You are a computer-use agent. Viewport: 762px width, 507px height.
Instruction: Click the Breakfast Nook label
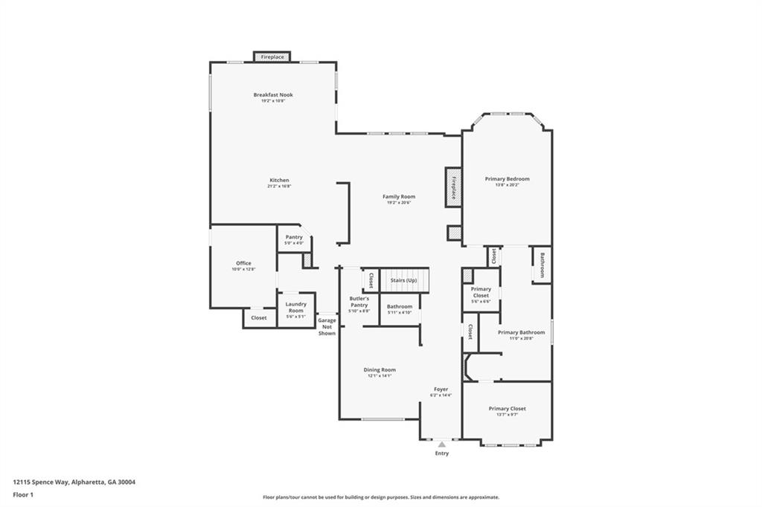point(272,95)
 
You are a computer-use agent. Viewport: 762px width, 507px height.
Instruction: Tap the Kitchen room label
point(279,180)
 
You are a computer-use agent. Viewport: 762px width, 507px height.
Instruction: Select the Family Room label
point(399,197)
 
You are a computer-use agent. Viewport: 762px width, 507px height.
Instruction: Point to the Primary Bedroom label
point(507,179)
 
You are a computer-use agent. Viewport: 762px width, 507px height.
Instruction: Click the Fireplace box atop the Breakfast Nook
point(272,56)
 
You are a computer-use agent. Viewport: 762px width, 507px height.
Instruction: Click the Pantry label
point(294,237)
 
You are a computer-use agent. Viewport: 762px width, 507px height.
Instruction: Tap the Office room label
point(243,263)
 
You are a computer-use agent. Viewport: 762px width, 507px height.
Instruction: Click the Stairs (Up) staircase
point(404,280)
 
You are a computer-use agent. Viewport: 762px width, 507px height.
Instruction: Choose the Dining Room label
point(380,370)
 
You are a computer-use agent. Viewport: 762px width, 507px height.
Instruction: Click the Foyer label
point(441,390)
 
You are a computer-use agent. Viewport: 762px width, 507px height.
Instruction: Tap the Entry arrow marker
point(441,445)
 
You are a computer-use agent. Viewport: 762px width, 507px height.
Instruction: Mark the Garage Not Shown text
point(327,326)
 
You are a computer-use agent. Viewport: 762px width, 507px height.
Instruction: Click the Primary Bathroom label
point(521,332)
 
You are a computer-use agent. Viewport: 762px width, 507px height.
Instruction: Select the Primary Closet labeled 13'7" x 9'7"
point(507,409)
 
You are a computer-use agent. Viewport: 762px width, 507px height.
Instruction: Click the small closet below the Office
point(258,317)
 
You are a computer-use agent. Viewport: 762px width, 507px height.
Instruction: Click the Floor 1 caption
point(24,494)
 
